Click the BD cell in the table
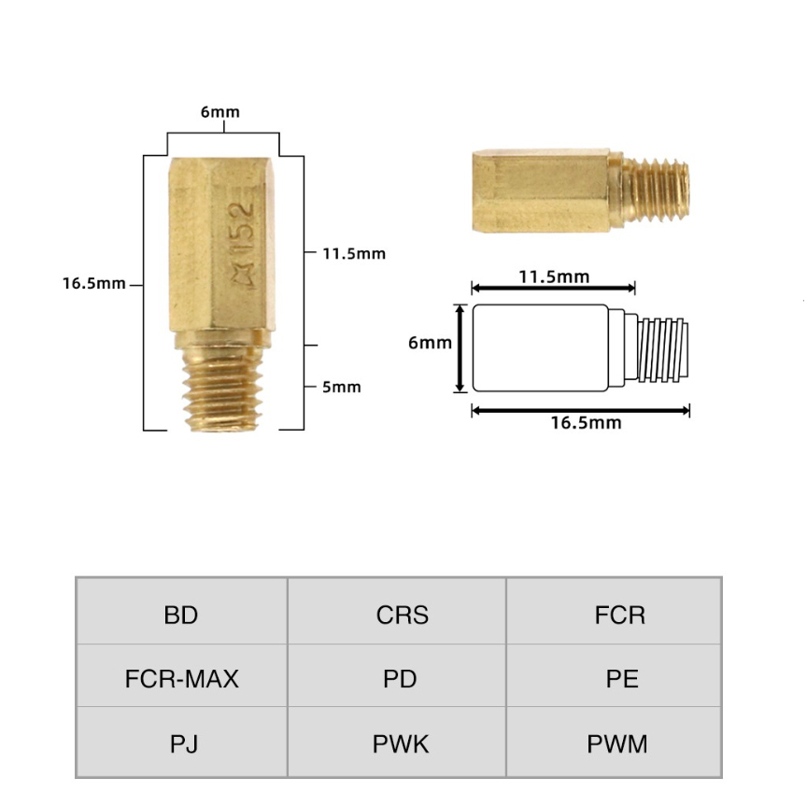click(182, 611)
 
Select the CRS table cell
click(397, 611)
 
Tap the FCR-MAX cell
click(182, 675)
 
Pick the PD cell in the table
click(397, 675)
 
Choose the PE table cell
click(614, 675)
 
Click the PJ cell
click(182, 741)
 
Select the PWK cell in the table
click(397, 741)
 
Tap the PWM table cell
click(614, 741)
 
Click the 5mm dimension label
click(342, 387)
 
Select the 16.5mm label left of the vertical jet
click(94, 284)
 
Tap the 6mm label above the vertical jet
click(220, 112)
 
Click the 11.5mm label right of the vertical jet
click(354, 254)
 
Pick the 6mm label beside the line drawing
click(430, 343)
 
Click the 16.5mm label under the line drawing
click(587, 423)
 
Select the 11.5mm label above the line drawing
click(554, 276)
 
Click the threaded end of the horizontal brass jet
click(655, 190)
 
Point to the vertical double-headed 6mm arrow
click(460, 347)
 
